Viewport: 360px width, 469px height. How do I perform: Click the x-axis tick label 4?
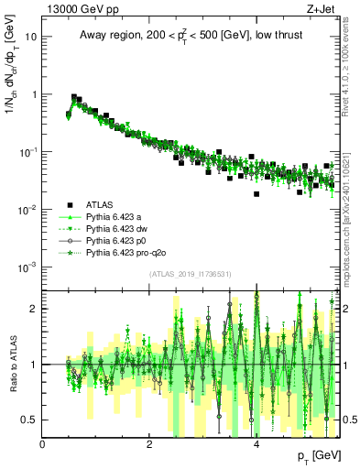pyautogui.click(x=256, y=444)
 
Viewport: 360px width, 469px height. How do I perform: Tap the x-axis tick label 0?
pyautogui.click(x=43, y=444)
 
